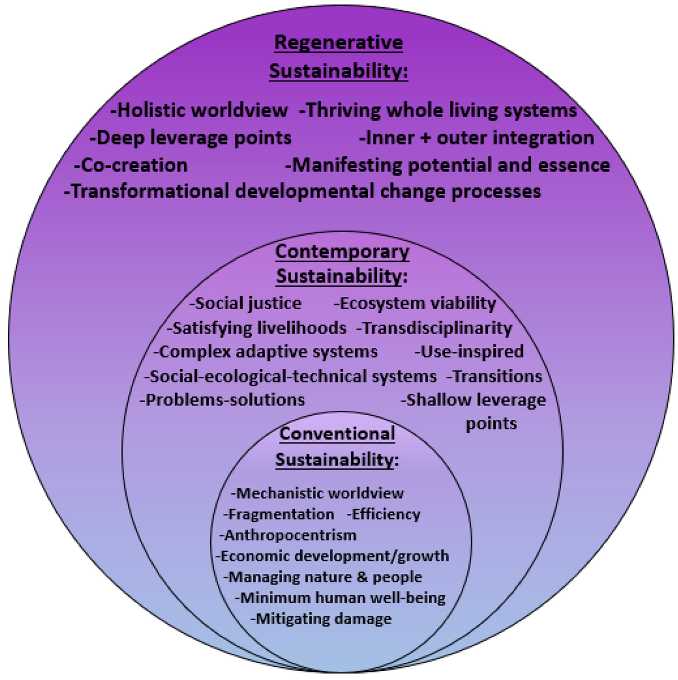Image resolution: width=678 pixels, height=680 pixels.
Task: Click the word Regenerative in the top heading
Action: point(338,43)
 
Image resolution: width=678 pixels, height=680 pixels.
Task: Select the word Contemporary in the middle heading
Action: point(342,252)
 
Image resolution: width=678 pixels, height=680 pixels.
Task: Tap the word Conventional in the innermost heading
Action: point(337,434)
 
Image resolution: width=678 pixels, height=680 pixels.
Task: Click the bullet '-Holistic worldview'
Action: point(199,110)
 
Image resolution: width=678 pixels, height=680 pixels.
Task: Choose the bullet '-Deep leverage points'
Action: point(191,138)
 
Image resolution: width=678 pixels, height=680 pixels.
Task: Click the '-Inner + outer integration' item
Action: point(476,138)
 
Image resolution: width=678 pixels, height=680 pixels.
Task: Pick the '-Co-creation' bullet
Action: point(131,165)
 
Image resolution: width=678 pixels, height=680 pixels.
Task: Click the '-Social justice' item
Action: point(246,303)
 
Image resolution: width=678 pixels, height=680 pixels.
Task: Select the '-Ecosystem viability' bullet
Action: point(415,303)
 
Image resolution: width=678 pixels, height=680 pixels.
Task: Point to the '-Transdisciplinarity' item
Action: point(434,328)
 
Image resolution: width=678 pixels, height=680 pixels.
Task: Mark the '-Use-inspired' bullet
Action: point(469,352)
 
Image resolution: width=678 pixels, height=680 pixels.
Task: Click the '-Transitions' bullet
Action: point(494,376)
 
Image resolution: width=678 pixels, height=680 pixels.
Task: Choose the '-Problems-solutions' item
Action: point(222,400)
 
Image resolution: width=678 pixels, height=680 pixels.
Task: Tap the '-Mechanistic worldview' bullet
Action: point(317,493)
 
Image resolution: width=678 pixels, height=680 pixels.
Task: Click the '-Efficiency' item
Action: point(384,515)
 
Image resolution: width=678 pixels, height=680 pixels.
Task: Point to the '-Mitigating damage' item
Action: point(321,619)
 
